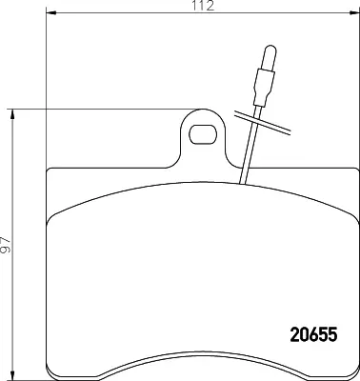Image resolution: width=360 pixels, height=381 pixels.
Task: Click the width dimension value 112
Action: [203, 6]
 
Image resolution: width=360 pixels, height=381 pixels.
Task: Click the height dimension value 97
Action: [6, 245]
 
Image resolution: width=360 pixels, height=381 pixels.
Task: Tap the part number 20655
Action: [313, 334]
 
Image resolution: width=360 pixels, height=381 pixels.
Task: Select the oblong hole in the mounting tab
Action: [203, 134]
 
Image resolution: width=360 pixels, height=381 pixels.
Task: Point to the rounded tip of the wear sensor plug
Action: [270, 48]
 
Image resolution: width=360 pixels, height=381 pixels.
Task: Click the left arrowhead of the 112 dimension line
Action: [51, 13]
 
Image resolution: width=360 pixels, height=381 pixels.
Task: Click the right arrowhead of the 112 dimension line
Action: [354, 13]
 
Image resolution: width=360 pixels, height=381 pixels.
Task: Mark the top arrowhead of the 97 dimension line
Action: [12, 114]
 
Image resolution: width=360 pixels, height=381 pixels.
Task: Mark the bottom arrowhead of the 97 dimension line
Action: [12, 375]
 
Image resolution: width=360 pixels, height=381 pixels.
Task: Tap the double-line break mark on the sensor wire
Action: [263, 123]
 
